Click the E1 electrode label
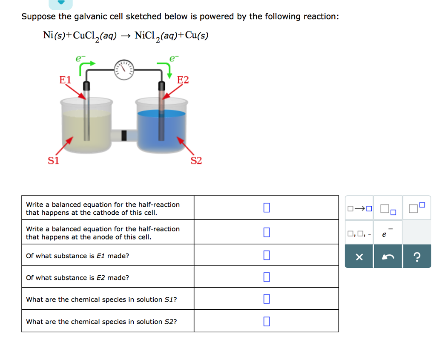click(x=66, y=80)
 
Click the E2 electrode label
click(x=183, y=80)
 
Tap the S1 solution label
click(x=53, y=161)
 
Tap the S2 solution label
click(x=196, y=161)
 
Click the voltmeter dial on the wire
click(x=124, y=69)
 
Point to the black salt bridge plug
click(x=124, y=135)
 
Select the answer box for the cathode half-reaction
click(x=267, y=208)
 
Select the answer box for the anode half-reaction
click(x=267, y=232)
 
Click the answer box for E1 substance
click(x=267, y=255)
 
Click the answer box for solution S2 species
click(x=267, y=321)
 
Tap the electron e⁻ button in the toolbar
click(x=388, y=233)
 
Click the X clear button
click(x=359, y=257)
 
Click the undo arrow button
click(x=388, y=257)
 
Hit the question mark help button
click(x=417, y=257)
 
